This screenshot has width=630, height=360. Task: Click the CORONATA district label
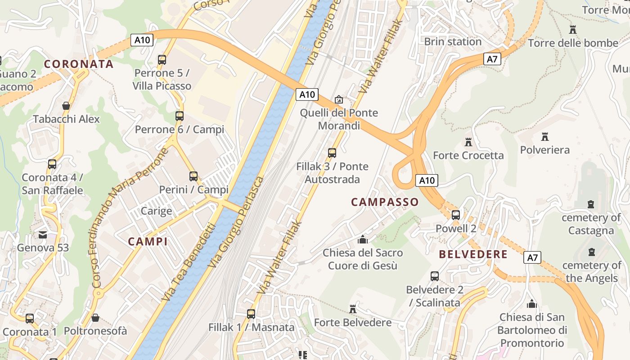pyautogui.click(x=79, y=64)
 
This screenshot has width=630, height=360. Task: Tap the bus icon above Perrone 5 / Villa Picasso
pyautogui.click(x=162, y=59)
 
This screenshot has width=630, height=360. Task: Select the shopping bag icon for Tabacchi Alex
pyautogui.click(x=66, y=106)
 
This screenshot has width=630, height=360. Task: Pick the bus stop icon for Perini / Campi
pyautogui.click(x=193, y=176)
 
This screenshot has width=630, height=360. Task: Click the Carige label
pyautogui.click(x=156, y=211)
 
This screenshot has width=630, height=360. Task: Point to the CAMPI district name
pyautogui.click(x=148, y=242)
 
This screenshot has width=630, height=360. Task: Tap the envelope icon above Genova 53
pyautogui.click(x=43, y=234)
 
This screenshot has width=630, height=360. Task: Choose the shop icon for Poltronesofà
pyautogui.click(x=95, y=318)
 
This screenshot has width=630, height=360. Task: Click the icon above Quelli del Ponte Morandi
pyautogui.click(x=339, y=99)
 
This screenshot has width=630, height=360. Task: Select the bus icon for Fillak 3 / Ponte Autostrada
pyautogui.click(x=332, y=153)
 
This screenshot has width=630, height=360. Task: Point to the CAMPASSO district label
pyautogui.click(x=385, y=202)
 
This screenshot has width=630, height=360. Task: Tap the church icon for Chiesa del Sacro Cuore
pyautogui.click(x=362, y=239)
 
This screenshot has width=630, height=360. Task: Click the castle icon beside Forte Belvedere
pyautogui.click(x=353, y=309)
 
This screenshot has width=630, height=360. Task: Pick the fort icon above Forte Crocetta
pyautogui.click(x=468, y=142)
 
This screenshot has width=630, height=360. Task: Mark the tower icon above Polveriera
pyautogui.click(x=545, y=136)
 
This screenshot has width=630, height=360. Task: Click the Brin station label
pyautogui.click(x=453, y=42)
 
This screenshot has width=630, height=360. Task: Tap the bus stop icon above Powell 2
pyautogui.click(x=456, y=215)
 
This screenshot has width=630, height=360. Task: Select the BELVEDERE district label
pyautogui.click(x=473, y=254)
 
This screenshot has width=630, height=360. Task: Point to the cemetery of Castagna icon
pyautogui.click(x=591, y=204)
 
